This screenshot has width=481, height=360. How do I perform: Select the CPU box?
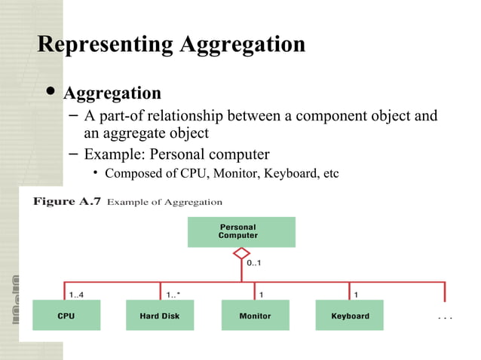pos(66,316)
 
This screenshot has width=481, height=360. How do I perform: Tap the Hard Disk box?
pos(160,316)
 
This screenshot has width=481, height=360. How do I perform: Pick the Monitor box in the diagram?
pos(255,316)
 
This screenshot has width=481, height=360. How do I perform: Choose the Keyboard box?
pos(350,316)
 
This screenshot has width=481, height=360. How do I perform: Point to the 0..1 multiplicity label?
pos(255,264)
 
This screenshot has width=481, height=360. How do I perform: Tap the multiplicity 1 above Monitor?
pos(262,294)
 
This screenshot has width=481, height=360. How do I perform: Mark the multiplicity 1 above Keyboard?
pos(357,294)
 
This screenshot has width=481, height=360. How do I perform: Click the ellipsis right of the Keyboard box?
pos(445,317)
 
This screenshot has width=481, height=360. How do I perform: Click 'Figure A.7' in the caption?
pos(66,202)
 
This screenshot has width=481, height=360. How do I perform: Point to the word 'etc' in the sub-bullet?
pos(330,174)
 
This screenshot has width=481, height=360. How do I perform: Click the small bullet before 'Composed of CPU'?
pos(96,175)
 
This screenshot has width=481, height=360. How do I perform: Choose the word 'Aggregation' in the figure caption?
pos(196,203)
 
